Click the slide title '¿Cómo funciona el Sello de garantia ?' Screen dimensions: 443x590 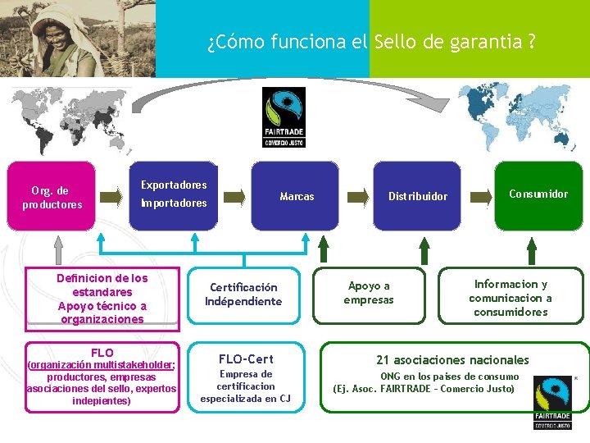click(371, 42)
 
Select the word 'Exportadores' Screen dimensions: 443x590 click(174, 185)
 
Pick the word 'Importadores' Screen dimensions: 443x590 click(174, 203)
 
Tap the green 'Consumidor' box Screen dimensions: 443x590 click(538, 194)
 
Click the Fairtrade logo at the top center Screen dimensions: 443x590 click(284, 117)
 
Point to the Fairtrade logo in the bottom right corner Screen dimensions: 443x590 click(554, 403)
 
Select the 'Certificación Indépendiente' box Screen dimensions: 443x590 click(243, 295)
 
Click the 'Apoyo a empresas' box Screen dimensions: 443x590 click(369, 293)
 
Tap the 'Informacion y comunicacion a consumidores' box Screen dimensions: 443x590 click(510, 298)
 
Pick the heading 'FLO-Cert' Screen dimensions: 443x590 click(245, 359)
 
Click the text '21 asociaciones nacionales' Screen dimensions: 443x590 click(452, 359)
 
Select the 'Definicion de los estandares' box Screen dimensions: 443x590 click(102, 299)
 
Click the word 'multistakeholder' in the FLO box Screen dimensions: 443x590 click(130, 365)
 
